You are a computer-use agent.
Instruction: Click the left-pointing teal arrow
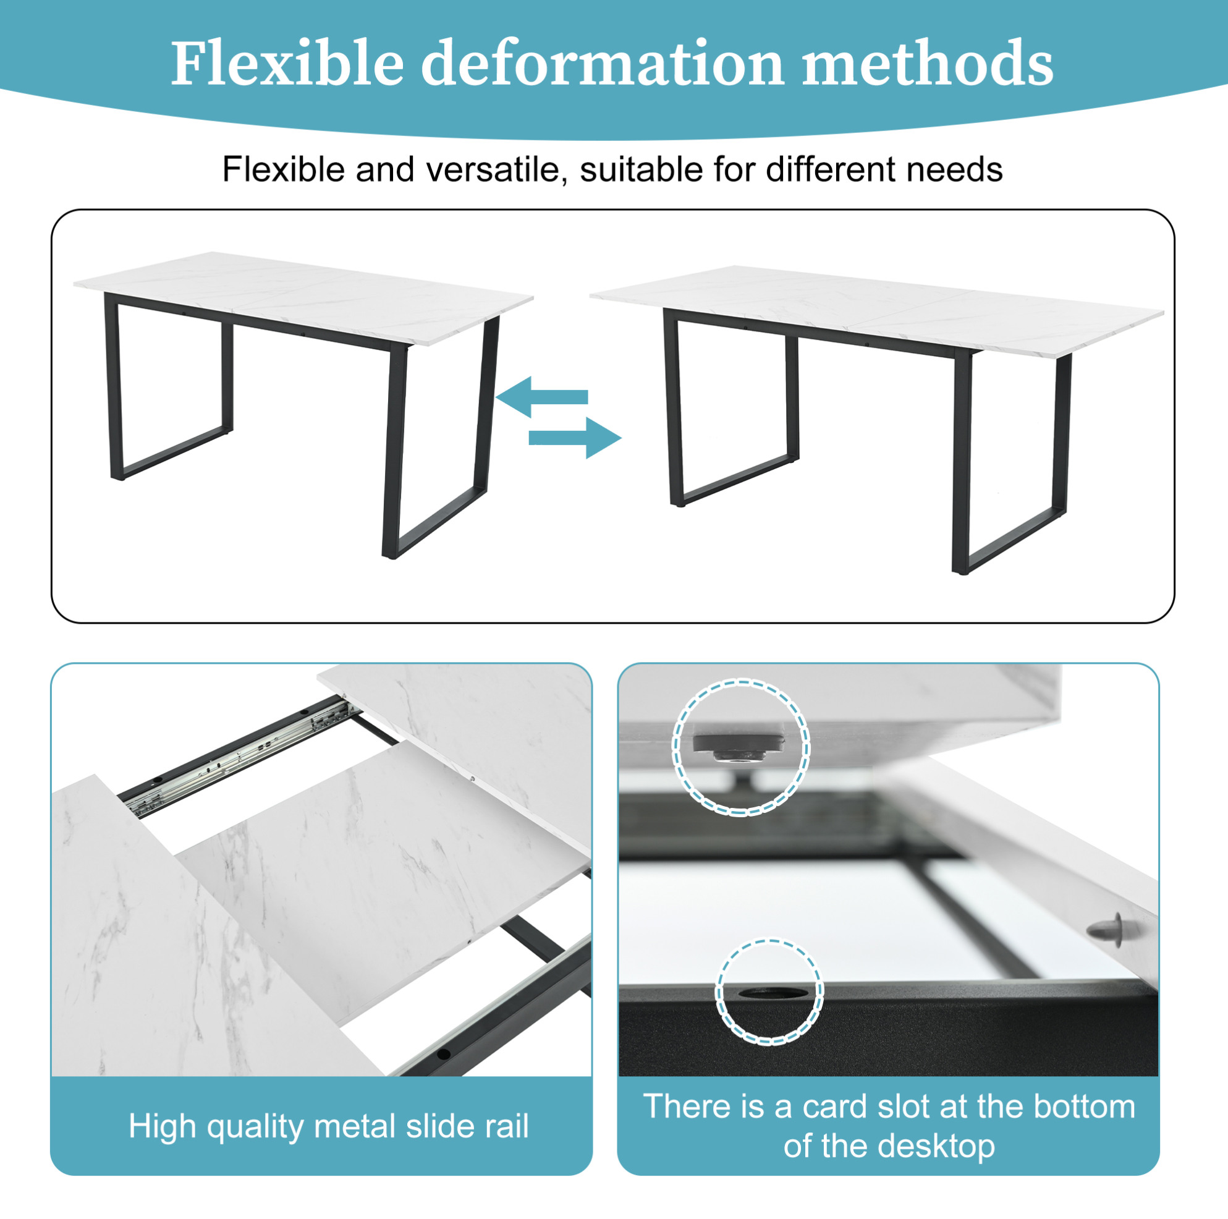click(541, 397)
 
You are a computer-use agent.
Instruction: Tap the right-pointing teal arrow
click(575, 438)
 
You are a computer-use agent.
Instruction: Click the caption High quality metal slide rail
click(329, 1126)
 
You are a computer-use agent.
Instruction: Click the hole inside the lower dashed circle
click(769, 995)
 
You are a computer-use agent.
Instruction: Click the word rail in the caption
click(507, 1126)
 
